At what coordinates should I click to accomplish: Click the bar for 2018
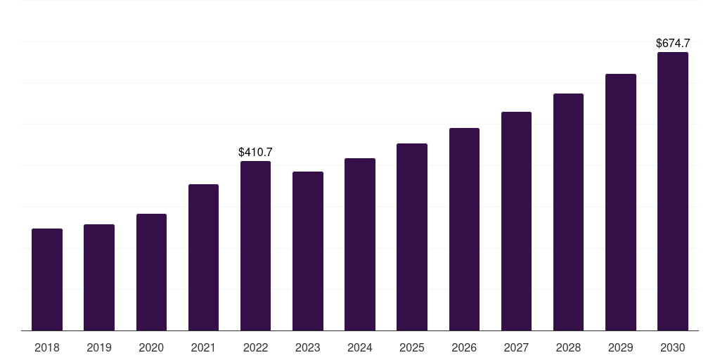coord(47,279)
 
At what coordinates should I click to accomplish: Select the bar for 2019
coord(99,277)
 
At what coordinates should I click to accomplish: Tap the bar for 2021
coord(203,257)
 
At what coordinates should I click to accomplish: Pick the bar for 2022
coord(255,245)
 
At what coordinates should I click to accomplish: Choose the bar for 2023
coord(308,251)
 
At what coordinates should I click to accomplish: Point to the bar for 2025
coord(412,237)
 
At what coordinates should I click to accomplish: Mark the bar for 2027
coord(516,221)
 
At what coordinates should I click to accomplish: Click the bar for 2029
coord(620,202)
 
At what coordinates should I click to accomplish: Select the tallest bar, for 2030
coord(673,191)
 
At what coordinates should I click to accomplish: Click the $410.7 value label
coord(255,152)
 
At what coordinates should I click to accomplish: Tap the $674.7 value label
coord(673,44)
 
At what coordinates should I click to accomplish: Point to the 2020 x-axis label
coord(151,347)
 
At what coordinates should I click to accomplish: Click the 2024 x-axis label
coord(360,347)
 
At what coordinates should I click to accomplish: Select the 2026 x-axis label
coord(464,347)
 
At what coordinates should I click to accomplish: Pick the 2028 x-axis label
coord(568,347)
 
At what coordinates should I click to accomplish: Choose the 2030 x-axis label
coord(673,347)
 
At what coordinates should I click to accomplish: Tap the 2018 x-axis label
coord(47,347)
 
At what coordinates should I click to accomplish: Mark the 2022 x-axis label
coord(255,347)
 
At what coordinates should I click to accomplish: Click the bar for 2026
coord(464,229)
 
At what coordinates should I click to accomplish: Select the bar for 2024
coord(360,244)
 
